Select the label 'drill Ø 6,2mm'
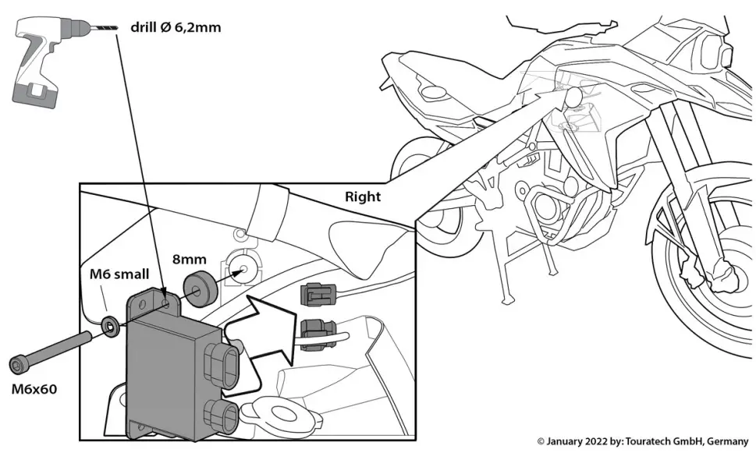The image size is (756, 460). coord(176,28)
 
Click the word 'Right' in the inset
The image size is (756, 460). coord(363,196)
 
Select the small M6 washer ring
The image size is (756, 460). coord(112,324)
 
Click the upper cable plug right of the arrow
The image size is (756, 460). coord(318,295)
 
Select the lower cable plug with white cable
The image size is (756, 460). coord(317,333)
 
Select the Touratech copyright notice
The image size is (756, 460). coord(642,441)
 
